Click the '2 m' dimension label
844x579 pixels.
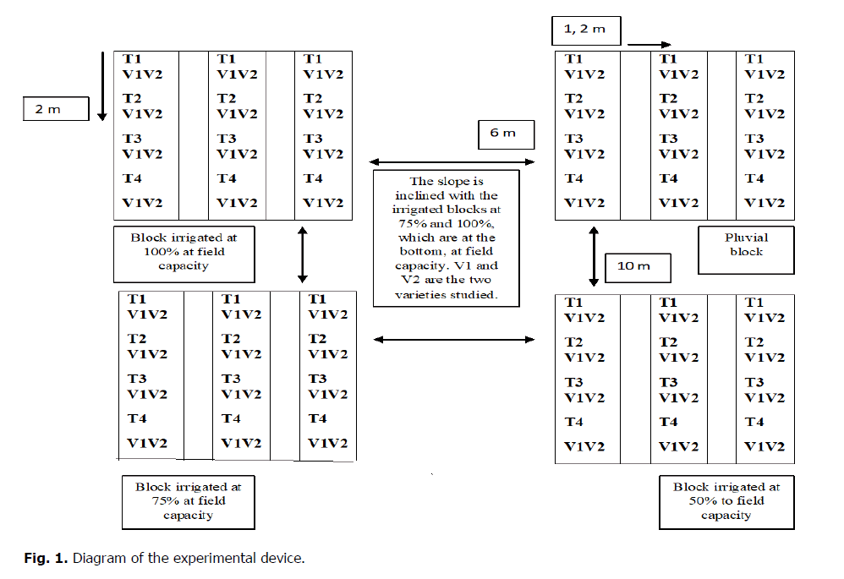(56, 110)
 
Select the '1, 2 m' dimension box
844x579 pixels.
(585, 30)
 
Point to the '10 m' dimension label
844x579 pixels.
(638, 266)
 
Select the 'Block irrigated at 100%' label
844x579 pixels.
(184, 253)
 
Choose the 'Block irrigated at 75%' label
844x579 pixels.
(188, 501)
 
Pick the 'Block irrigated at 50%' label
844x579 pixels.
(726, 501)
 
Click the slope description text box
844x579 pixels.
(446, 238)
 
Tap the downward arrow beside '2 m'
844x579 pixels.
(101, 85)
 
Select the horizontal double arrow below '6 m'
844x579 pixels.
(452, 161)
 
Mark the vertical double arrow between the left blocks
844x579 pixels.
(302, 254)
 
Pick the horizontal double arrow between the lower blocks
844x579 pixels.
(454, 340)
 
